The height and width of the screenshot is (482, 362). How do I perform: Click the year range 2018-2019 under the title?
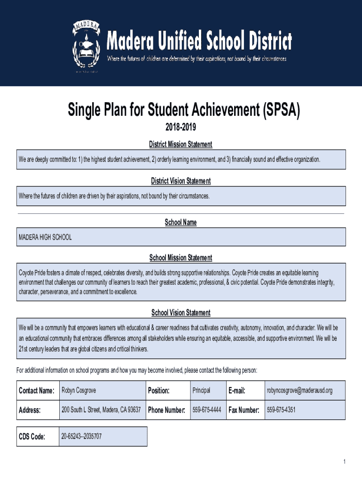click(x=181, y=128)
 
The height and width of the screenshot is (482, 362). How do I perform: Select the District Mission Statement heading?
click(x=181, y=144)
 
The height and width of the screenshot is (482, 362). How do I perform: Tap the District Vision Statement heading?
click(x=181, y=181)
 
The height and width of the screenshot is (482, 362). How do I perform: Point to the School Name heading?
click(x=181, y=222)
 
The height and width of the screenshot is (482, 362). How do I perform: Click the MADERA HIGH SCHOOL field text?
click(x=45, y=237)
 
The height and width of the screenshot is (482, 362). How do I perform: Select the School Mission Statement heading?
click(x=181, y=258)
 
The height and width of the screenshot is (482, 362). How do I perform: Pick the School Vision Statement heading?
click(x=181, y=313)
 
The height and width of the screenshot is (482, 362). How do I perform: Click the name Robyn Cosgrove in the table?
click(x=79, y=390)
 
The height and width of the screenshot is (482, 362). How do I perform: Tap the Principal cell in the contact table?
click(x=201, y=390)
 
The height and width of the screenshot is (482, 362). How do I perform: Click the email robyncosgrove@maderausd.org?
click(x=299, y=390)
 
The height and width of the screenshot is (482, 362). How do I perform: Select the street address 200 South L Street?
click(x=101, y=410)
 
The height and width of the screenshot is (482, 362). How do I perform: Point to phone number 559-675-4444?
click(x=206, y=410)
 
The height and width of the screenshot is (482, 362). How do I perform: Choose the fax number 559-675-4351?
click(x=281, y=410)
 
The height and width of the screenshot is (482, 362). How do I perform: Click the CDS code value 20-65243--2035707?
click(x=82, y=436)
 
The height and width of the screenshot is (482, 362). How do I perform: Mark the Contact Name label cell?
click(x=37, y=390)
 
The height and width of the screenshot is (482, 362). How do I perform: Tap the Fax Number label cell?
click(x=244, y=410)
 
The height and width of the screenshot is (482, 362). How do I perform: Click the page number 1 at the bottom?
click(x=345, y=462)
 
